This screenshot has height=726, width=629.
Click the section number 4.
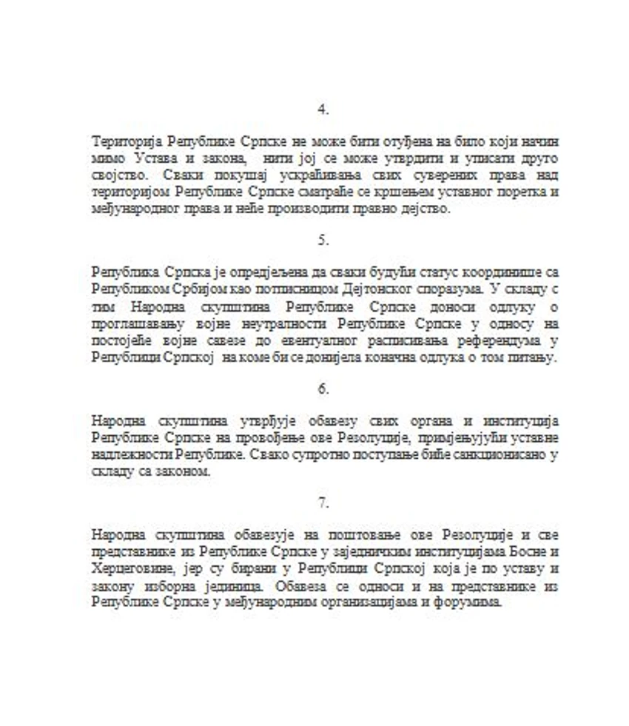coord(323,110)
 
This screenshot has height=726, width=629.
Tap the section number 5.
coord(323,241)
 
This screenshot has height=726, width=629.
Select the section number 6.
coord(323,389)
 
